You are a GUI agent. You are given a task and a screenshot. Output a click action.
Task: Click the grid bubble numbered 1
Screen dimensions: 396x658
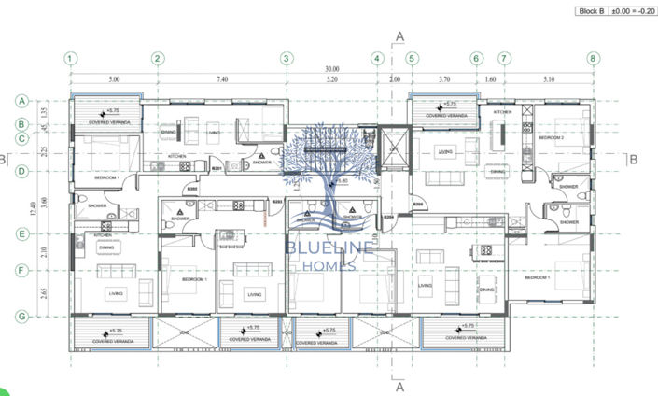click(x=70, y=58)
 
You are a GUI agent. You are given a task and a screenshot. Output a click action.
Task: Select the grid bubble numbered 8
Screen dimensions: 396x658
click(x=592, y=58)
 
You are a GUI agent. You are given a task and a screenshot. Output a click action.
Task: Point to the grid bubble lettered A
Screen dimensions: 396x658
click(x=21, y=101)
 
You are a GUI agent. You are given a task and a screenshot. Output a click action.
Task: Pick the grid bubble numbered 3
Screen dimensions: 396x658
click(x=287, y=58)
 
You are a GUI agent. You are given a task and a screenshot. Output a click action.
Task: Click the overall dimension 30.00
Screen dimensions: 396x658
click(x=331, y=70)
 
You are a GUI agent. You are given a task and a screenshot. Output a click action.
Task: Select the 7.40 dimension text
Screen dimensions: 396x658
click(x=222, y=81)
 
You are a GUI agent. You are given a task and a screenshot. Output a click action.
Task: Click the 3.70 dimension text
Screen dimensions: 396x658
click(x=444, y=81)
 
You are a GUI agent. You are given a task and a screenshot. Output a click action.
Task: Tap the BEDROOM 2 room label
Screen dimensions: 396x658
click(x=552, y=137)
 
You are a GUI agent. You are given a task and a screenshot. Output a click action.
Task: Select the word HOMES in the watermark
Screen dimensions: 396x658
click(x=332, y=266)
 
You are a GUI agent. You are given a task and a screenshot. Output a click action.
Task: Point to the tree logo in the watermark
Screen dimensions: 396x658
click(x=331, y=173)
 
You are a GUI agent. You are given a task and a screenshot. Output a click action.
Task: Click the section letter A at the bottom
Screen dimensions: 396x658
click(x=399, y=385)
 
